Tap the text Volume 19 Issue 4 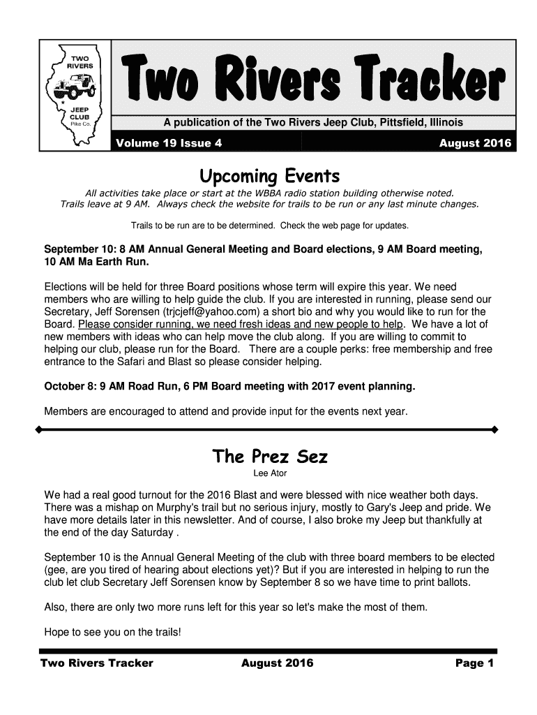point(168,144)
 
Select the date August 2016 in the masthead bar point(475,144)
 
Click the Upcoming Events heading point(268,175)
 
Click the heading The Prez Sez point(269,457)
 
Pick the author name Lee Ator point(269,475)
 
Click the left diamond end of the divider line point(40,429)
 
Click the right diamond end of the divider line point(494,429)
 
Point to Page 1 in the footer point(474,663)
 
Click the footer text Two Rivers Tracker point(97,663)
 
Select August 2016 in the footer point(277,663)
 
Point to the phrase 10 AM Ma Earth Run point(97,263)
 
